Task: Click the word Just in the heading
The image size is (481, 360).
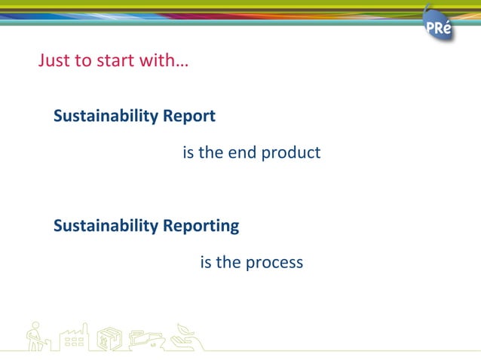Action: click(51, 60)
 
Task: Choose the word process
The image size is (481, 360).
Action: click(274, 264)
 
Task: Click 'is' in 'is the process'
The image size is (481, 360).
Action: click(206, 263)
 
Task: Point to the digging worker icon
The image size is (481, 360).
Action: click(36, 337)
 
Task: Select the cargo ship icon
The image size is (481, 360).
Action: click(146, 338)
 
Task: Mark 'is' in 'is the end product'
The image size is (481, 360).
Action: click(188, 153)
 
